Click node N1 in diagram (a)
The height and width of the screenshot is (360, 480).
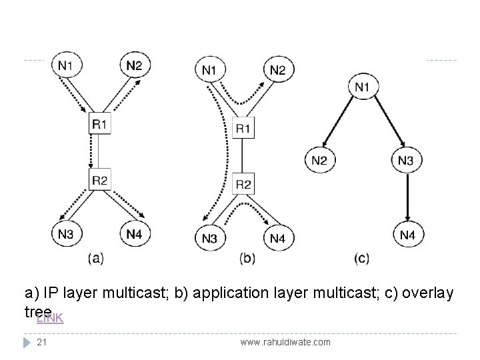coord(66,65)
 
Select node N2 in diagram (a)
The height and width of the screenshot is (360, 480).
coord(135,65)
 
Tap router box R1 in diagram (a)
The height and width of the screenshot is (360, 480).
coord(100,123)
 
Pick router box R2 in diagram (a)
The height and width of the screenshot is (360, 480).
coord(100,179)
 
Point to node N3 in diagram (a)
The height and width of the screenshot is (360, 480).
coord(66,234)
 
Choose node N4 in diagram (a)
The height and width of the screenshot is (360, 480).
coord(135,234)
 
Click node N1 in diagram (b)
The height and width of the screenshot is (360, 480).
coord(209,69)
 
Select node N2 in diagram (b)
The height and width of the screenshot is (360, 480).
coord(278,69)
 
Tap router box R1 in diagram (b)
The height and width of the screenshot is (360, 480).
coord(243,127)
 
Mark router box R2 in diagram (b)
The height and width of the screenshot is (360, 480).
coord(243,183)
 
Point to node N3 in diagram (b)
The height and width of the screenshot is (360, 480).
coord(209,238)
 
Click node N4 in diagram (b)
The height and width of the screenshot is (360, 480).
coord(278,238)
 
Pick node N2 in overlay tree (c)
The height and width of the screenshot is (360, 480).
coord(321,160)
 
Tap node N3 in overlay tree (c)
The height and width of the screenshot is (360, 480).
coord(406,160)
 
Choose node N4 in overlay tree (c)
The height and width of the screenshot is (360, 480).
coord(407,235)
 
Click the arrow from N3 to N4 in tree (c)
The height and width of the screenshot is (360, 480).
coord(407,197)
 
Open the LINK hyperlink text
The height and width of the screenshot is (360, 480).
coord(49,318)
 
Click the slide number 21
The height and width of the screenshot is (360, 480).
coord(42,341)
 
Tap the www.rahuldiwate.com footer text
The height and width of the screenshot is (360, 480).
coord(285,341)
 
